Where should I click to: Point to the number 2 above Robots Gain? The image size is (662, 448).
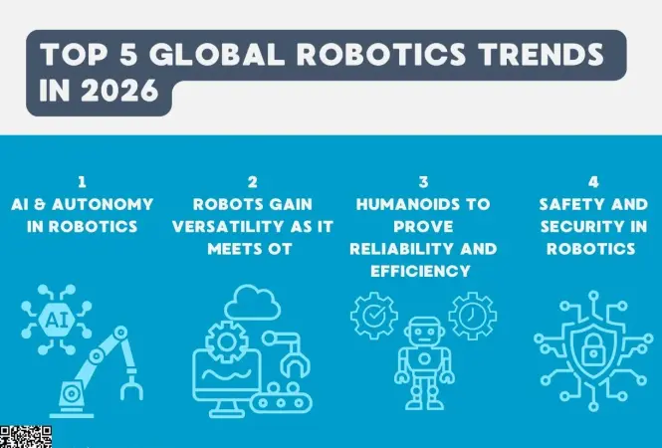251,182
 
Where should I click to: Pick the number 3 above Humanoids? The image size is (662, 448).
423,182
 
